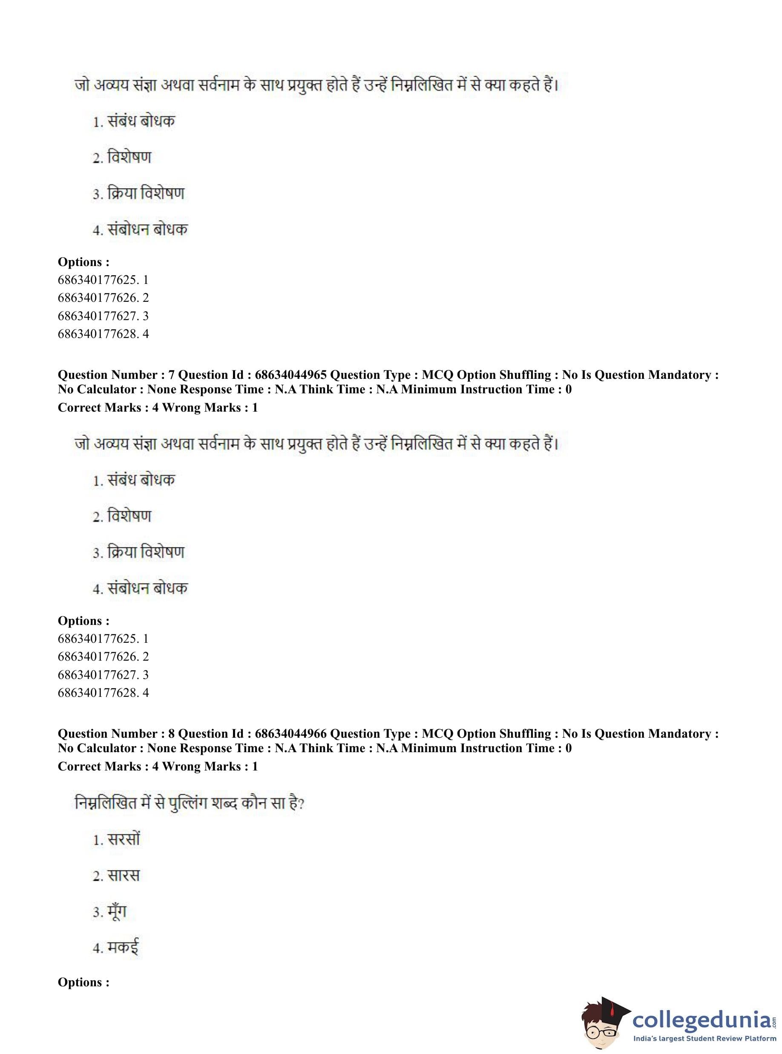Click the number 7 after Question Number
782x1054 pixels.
[171, 375]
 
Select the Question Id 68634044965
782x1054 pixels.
[290, 375]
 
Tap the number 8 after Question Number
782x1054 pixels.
[171, 734]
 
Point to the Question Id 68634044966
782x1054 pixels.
[290, 734]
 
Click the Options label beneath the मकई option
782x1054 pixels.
[83, 982]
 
